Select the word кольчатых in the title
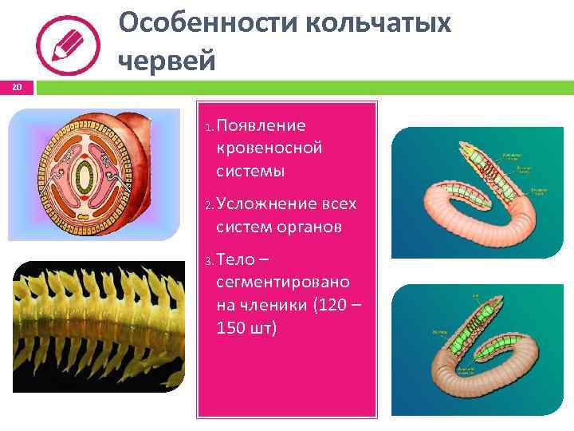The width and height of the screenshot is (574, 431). (383, 24)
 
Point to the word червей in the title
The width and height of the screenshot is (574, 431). (167, 61)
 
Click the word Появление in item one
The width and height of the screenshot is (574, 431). (261, 126)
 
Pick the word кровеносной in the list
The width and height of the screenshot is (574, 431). (269, 148)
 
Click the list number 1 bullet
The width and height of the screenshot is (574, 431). (208, 128)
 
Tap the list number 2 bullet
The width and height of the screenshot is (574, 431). (208, 206)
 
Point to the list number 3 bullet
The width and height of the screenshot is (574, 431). (208, 262)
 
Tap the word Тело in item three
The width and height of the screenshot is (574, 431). (236, 260)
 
